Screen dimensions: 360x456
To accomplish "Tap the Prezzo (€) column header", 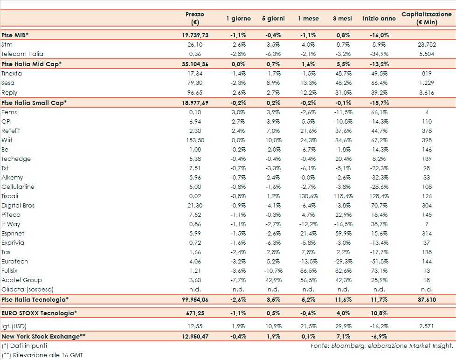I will pyautogui.click(x=194, y=18).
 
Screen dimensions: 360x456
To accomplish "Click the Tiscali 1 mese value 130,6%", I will pyautogui.click(x=308, y=196).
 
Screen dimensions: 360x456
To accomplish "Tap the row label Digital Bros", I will pyautogui.click(x=18, y=206).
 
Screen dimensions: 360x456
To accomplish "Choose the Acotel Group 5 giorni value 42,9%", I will pyautogui.click(x=273, y=280).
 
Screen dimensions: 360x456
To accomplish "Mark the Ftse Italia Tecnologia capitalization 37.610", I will pyautogui.click(x=427, y=300).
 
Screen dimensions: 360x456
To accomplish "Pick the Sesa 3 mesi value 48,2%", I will pyautogui.click(x=343, y=83).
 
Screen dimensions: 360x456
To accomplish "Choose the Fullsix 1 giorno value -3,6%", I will pyautogui.click(x=238, y=271).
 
